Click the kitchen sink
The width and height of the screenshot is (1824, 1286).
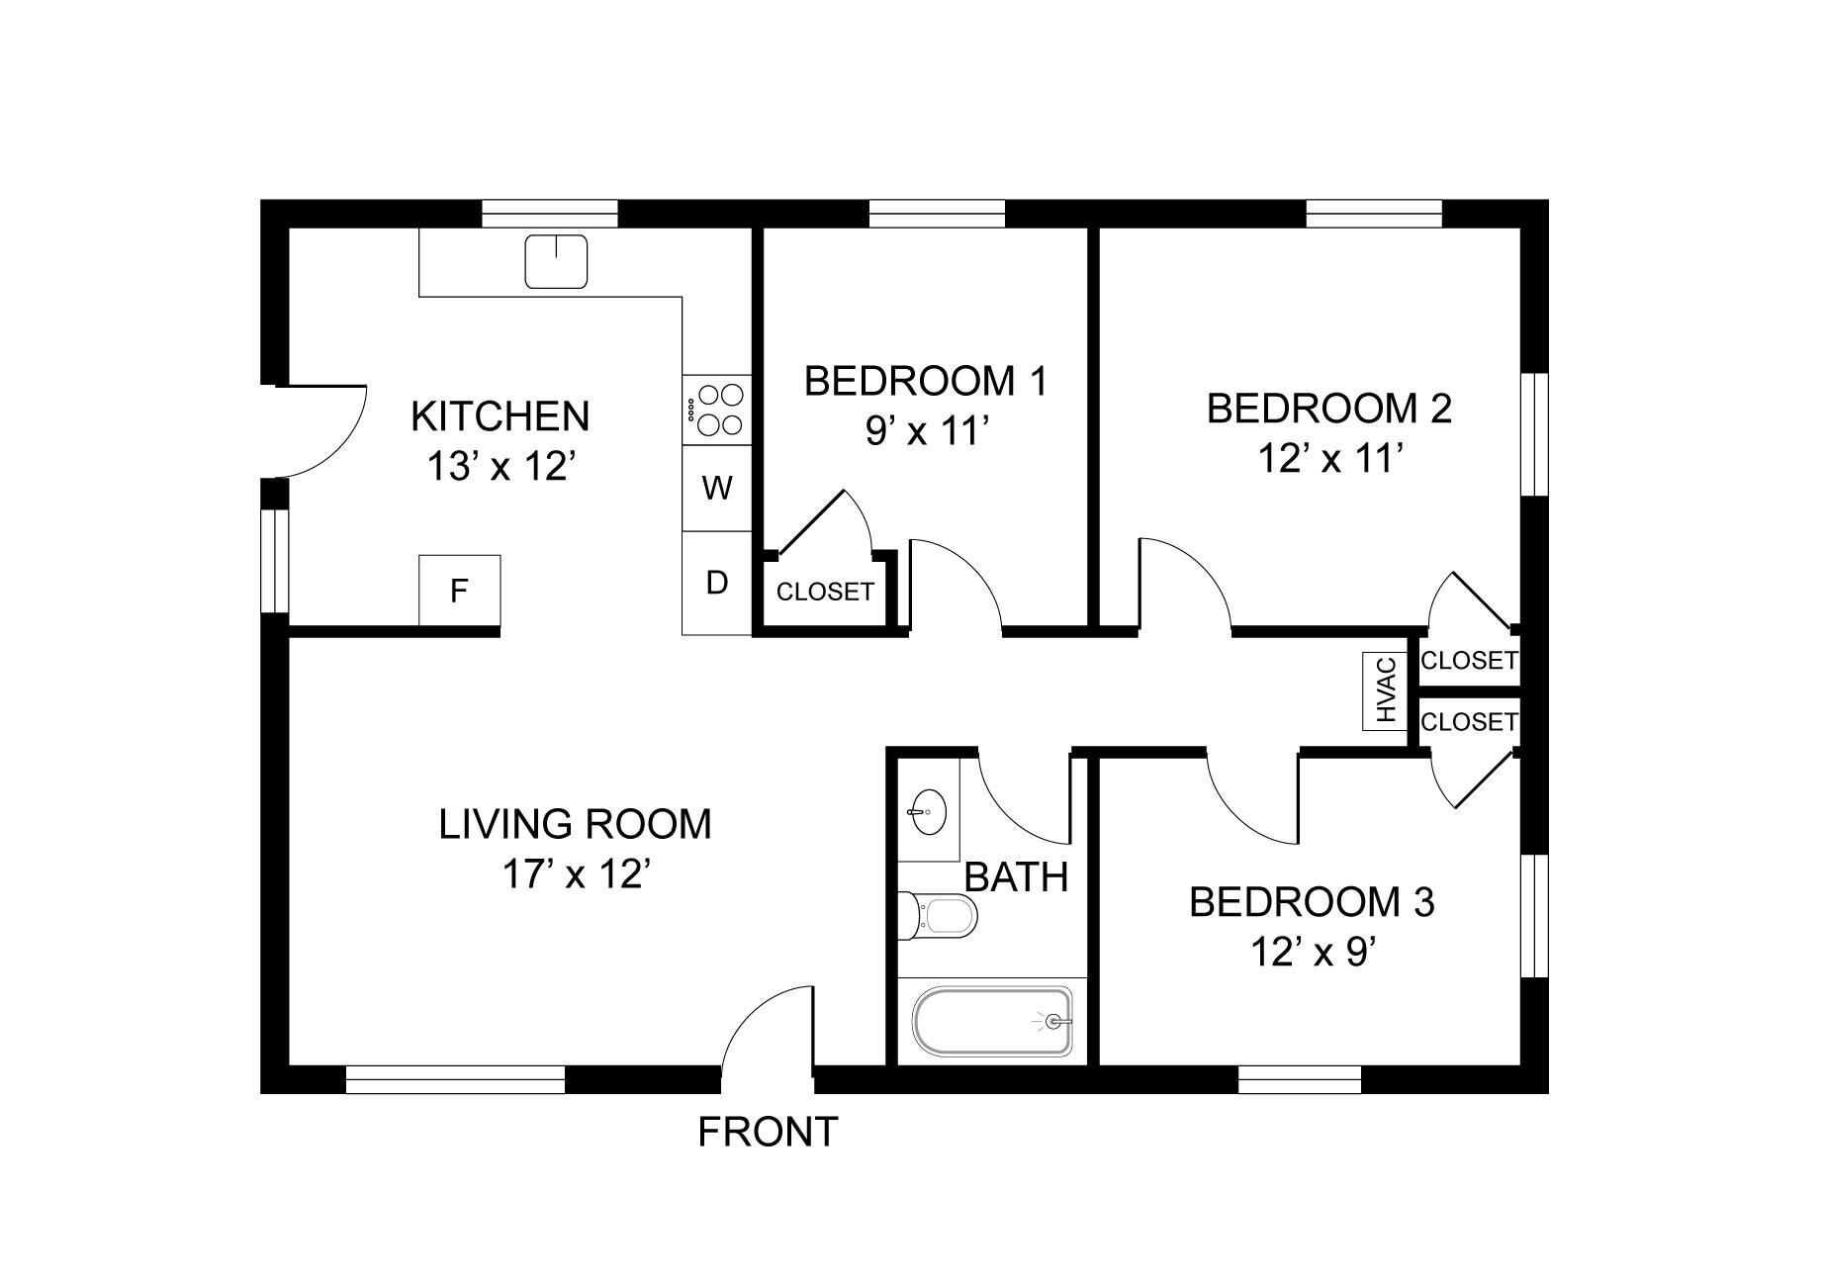(556, 261)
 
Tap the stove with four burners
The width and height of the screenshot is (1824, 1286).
(717, 410)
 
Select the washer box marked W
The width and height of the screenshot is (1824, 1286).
(717, 488)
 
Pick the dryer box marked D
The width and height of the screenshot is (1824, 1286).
(717, 583)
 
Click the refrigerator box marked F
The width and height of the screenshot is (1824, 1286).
(459, 591)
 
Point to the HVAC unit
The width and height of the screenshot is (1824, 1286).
(1385, 690)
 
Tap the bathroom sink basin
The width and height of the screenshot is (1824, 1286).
(927, 813)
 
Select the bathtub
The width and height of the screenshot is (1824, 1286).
(992, 1021)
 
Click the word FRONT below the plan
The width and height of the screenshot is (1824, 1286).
(768, 1132)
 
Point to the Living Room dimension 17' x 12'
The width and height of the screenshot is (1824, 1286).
(575, 874)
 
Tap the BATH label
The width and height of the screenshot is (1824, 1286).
(1016, 877)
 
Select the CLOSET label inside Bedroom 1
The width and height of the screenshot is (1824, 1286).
(825, 593)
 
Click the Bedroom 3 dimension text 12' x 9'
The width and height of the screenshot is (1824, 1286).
(1313, 953)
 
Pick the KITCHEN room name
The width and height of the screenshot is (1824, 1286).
(500, 416)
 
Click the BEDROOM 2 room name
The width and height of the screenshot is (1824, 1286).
(1329, 409)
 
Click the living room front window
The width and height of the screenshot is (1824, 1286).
(455, 1079)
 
